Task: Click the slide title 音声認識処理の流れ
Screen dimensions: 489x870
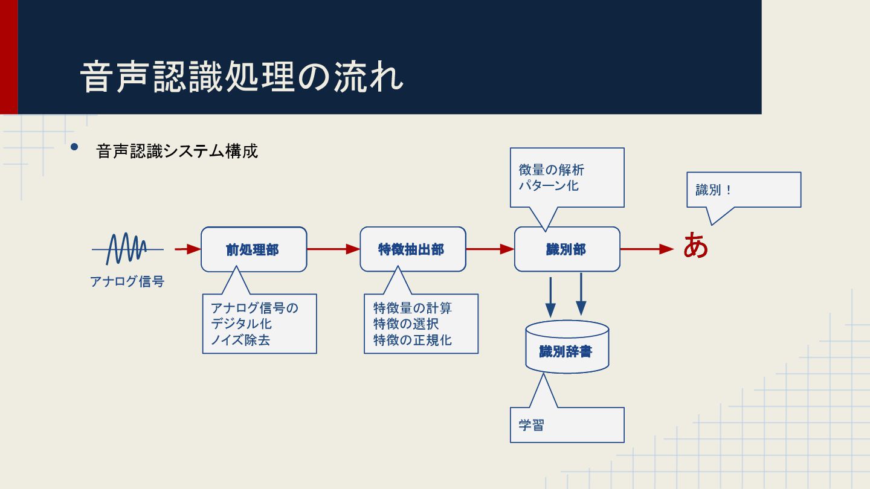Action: [x=242, y=77]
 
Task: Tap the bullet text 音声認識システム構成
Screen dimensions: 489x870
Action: [x=177, y=151]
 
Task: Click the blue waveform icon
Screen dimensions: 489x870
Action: [x=127, y=248]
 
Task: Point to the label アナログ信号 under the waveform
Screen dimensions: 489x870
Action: [x=127, y=281]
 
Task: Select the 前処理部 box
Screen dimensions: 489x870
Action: [x=253, y=249]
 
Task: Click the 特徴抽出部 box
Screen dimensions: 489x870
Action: [x=413, y=249]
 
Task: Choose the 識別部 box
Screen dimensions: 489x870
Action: [x=567, y=249]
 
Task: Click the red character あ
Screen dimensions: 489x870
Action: [x=695, y=247]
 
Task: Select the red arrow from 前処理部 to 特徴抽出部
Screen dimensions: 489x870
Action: [x=333, y=249]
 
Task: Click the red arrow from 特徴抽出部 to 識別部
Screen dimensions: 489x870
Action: [x=489, y=249]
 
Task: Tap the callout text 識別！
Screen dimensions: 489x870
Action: [x=714, y=190]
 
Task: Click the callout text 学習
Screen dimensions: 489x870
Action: [x=531, y=425]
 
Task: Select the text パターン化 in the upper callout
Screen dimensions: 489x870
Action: [x=549, y=185]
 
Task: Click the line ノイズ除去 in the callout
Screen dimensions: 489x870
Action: [x=240, y=340]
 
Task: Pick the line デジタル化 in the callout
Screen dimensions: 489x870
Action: [x=241, y=324]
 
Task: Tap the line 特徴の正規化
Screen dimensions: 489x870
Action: [x=412, y=340]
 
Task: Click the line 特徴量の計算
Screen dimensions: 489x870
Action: [x=412, y=308]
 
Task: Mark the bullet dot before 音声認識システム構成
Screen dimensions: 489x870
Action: [x=74, y=147]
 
